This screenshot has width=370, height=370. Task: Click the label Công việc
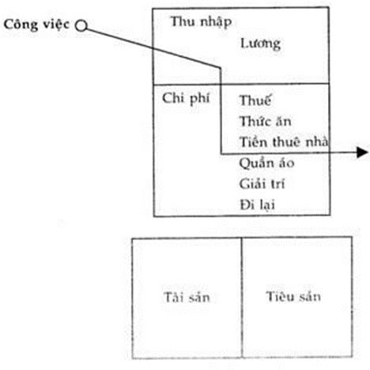click(x=36, y=25)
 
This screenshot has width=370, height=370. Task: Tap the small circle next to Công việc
click(x=81, y=26)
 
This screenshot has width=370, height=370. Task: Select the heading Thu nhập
click(x=201, y=22)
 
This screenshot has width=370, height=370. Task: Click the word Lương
click(x=260, y=43)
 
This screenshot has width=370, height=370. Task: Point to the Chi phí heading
click(x=186, y=99)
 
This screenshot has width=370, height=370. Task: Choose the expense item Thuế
click(x=255, y=100)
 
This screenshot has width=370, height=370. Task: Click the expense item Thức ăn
click(x=266, y=121)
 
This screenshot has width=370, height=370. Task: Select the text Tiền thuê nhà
click(x=284, y=142)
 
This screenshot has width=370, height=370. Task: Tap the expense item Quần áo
click(x=266, y=164)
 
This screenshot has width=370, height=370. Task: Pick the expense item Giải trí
click(x=262, y=183)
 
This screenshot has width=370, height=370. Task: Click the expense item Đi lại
click(x=257, y=205)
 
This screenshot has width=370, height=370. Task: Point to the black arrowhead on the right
click(x=362, y=153)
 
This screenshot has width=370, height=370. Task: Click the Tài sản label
click(x=187, y=297)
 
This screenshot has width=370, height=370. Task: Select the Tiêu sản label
click(x=293, y=296)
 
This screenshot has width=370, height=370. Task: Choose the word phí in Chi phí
click(x=200, y=100)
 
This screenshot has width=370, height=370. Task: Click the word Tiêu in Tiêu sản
click(x=277, y=296)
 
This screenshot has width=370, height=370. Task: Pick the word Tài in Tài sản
click(x=173, y=297)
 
